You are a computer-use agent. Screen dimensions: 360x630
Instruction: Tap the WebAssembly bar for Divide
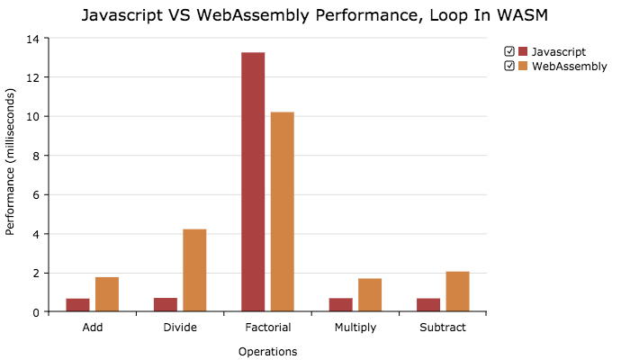click(194, 271)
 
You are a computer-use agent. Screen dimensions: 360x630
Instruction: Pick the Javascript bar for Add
click(77, 305)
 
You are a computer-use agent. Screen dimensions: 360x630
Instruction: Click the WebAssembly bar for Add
click(107, 294)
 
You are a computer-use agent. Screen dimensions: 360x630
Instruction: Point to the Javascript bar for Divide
click(166, 305)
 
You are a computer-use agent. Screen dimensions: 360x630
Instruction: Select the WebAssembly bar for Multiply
click(370, 295)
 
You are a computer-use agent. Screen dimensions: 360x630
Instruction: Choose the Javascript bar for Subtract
click(428, 305)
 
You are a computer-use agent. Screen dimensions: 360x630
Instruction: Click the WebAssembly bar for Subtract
click(457, 292)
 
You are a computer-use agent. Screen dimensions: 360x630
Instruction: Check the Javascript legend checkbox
click(509, 51)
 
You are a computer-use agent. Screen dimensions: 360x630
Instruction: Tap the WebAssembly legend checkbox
click(509, 66)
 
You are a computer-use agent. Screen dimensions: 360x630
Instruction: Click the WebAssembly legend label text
click(569, 66)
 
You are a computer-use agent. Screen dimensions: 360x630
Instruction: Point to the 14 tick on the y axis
click(33, 39)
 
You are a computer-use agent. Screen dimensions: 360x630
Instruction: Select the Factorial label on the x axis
click(267, 328)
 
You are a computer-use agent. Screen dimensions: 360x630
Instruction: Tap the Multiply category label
click(355, 328)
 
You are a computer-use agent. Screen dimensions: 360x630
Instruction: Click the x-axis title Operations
click(267, 351)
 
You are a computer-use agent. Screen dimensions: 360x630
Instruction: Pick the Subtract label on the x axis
click(443, 328)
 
